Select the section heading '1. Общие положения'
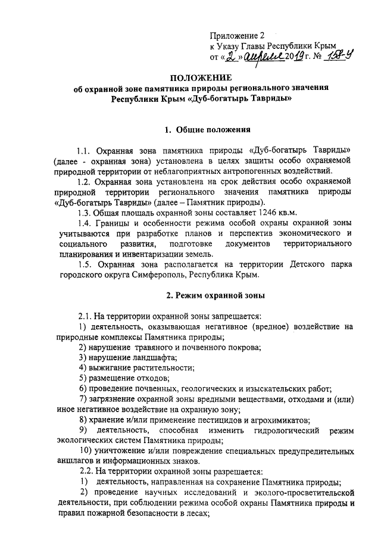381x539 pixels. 199,129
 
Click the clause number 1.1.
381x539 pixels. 86,149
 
